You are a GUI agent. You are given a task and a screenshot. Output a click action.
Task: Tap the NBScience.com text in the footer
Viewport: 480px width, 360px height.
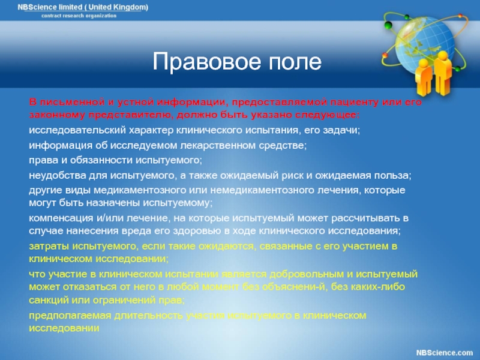(445, 353)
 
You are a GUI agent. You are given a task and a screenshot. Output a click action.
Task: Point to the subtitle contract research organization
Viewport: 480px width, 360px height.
(79, 16)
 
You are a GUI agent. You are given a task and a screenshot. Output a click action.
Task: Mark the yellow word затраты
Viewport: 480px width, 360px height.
(49, 246)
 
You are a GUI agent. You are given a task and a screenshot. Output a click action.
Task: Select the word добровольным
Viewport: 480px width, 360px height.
(307, 274)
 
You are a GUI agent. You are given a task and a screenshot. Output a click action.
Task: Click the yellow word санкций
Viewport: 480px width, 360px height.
(49, 300)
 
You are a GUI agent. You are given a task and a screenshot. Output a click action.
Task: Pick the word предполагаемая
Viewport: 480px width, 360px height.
(70, 316)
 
